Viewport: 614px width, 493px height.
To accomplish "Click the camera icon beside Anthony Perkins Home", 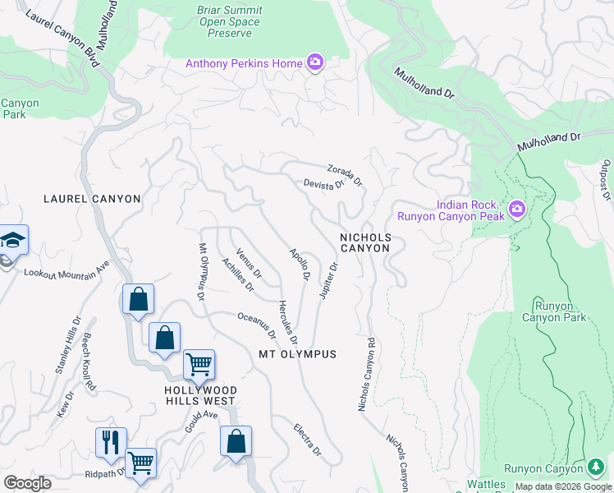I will (x=314, y=62).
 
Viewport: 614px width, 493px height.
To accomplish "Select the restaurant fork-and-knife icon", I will (x=110, y=441).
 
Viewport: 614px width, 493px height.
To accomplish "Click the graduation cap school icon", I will (x=13, y=239).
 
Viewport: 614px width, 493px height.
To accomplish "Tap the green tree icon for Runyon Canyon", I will (x=597, y=468).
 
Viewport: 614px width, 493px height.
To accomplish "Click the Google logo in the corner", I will (x=27, y=483).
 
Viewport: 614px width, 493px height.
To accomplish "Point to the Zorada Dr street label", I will (x=345, y=174).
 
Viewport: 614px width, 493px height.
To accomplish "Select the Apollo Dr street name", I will (x=299, y=264).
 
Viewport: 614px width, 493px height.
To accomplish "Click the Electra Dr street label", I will (x=308, y=440).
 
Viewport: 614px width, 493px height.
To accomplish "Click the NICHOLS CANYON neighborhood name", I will (x=366, y=243).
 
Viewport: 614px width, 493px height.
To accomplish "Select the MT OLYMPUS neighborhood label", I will (x=297, y=354).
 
